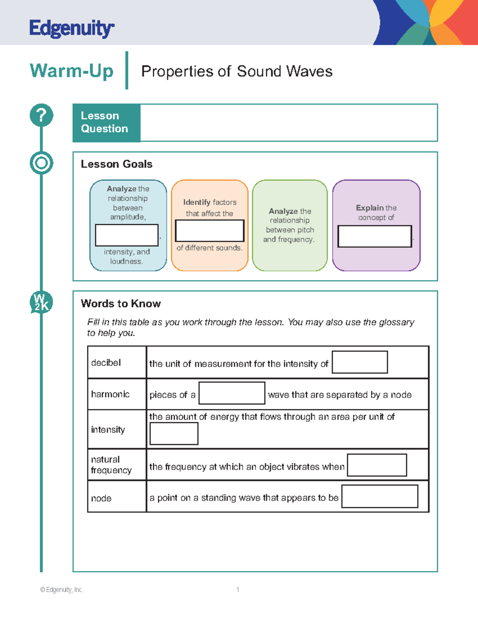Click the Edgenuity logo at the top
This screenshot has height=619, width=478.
click(72, 28)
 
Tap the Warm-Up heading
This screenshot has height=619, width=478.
click(72, 71)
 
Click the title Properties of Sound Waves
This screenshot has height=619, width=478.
click(237, 71)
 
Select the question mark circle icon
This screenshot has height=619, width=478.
click(41, 115)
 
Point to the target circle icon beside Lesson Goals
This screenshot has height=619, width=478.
click(41, 163)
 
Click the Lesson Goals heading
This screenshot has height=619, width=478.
click(116, 164)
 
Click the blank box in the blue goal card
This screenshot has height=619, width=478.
click(127, 235)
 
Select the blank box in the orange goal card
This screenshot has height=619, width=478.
click(210, 231)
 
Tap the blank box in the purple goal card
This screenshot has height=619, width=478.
click(374, 236)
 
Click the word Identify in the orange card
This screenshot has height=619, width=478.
click(197, 202)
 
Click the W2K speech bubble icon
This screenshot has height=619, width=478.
click(41, 303)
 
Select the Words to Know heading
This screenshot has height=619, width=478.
click(121, 304)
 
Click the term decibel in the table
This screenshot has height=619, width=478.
click(106, 363)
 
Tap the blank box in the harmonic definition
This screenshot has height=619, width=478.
click(232, 393)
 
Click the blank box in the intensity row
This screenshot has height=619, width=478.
click(174, 433)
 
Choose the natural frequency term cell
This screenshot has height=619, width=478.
click(111, 465)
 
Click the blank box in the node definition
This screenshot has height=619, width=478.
click(380, 496)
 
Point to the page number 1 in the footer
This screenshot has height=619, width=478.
click(238, 590)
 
